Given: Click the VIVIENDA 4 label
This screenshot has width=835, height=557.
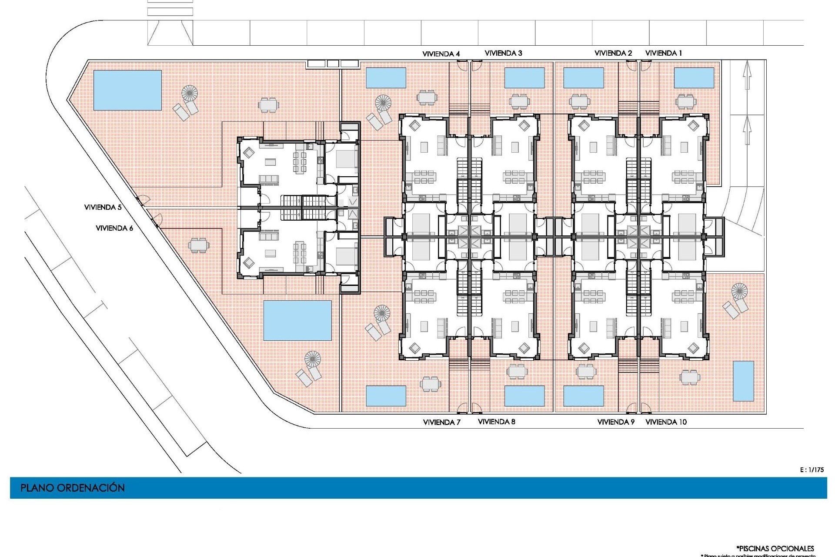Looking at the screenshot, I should click(x=441, y=54).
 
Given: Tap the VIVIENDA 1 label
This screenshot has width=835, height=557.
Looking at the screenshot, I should click(x=663, y=53).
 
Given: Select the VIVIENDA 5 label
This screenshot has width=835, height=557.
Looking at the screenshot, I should click(x=103, y=207).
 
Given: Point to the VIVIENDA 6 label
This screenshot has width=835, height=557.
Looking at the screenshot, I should click(x=114, y=228).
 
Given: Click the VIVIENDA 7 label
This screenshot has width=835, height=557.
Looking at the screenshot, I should click(x=441, y=422).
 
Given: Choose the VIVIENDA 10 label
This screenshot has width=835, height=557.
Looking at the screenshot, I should click(x=666, y=422).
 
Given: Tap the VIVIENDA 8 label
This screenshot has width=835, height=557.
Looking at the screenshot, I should click(x=496, y=422).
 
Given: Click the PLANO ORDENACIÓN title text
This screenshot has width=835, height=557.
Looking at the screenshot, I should click(x=73, y=488).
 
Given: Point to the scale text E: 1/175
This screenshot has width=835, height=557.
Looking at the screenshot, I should click(x=812, y=470).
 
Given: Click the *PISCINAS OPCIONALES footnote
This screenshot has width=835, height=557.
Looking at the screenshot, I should click(x=775, y=548).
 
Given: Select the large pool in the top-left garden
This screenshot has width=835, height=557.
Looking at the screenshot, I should click(x=127, y=90).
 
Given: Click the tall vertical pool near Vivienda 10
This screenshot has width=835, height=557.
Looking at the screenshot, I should click(x=743, y=381).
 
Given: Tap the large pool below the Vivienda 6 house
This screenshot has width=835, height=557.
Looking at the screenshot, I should click(x=297, y=320).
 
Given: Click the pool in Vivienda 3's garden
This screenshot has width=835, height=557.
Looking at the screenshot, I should click(x=524, y=77).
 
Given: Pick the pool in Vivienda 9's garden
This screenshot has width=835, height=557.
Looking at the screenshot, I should click(x=583, y=396).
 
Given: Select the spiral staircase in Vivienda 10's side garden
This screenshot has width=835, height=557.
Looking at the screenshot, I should click(x=739, y=290).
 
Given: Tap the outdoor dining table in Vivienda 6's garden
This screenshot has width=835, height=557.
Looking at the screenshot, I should click(x=198, y=245).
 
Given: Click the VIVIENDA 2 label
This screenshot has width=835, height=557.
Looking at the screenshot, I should click(x=613, y=53).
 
